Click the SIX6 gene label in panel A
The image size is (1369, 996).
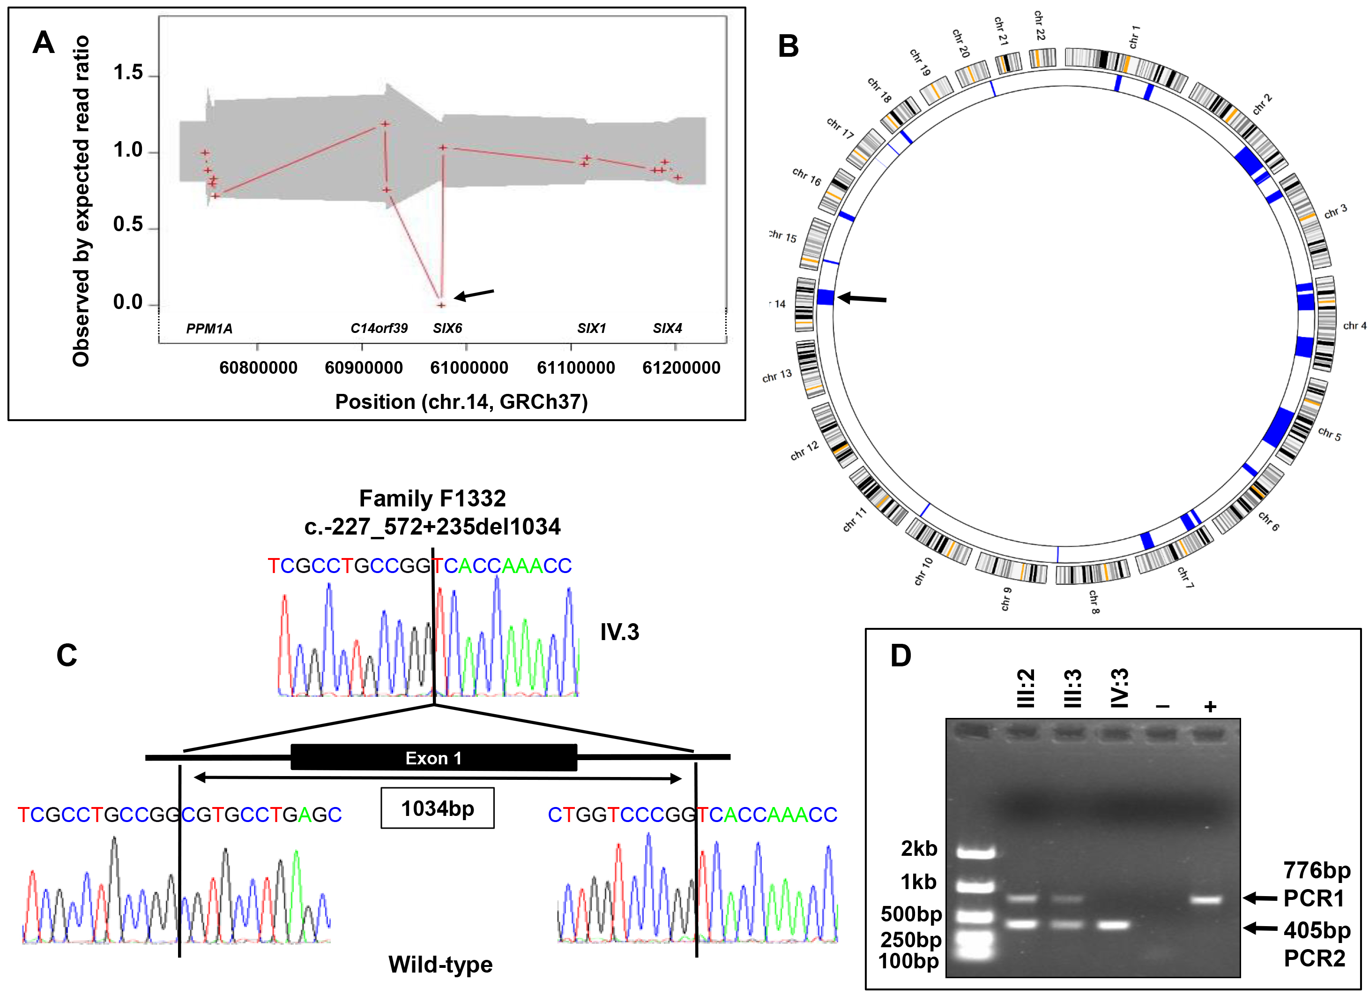447,328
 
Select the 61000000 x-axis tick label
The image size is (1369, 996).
469,368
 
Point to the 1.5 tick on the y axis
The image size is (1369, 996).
128,73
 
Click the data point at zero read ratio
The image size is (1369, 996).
441,305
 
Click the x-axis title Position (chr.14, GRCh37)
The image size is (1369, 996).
461,402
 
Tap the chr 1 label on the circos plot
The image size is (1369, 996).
1134,37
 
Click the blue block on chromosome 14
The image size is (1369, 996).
825,297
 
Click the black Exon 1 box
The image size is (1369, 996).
433,757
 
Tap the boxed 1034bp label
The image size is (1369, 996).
437,808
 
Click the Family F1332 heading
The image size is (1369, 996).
432,499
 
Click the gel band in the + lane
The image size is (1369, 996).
1205,900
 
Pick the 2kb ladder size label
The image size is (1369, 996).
919,849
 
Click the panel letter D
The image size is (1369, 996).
900,656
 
